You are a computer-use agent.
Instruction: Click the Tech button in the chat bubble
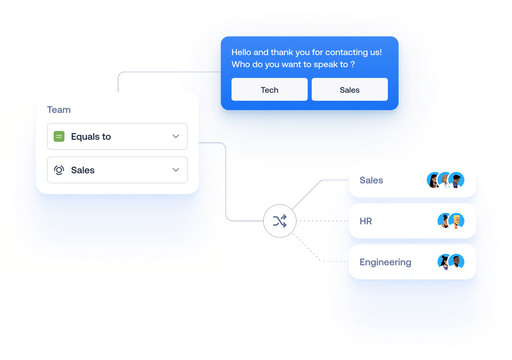[269, 90]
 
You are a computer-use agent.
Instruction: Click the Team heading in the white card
[59, 110]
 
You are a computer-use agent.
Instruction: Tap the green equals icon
[59, 137]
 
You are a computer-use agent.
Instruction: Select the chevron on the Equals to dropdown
[176, 137]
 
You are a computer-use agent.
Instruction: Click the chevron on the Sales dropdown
[176, 170]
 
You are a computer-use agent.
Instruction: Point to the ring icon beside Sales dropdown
[59, 170]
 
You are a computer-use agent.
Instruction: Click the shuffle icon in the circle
[280, 221]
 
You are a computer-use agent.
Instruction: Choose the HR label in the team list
[366, 221]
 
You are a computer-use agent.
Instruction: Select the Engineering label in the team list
[385, 262]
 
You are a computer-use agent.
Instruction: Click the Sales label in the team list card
[371, 180]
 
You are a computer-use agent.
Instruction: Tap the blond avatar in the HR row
[456, 221]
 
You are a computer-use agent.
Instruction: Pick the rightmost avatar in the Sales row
[456, 180]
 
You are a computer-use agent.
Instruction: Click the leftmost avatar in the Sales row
[434, 180]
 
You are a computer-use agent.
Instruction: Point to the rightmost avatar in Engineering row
[456, 261]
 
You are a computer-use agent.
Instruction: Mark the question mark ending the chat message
[353, 65]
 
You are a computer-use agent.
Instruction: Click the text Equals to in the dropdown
[91, 137]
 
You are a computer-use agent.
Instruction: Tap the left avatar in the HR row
[445, 221]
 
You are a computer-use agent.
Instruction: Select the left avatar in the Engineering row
[445, 261]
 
